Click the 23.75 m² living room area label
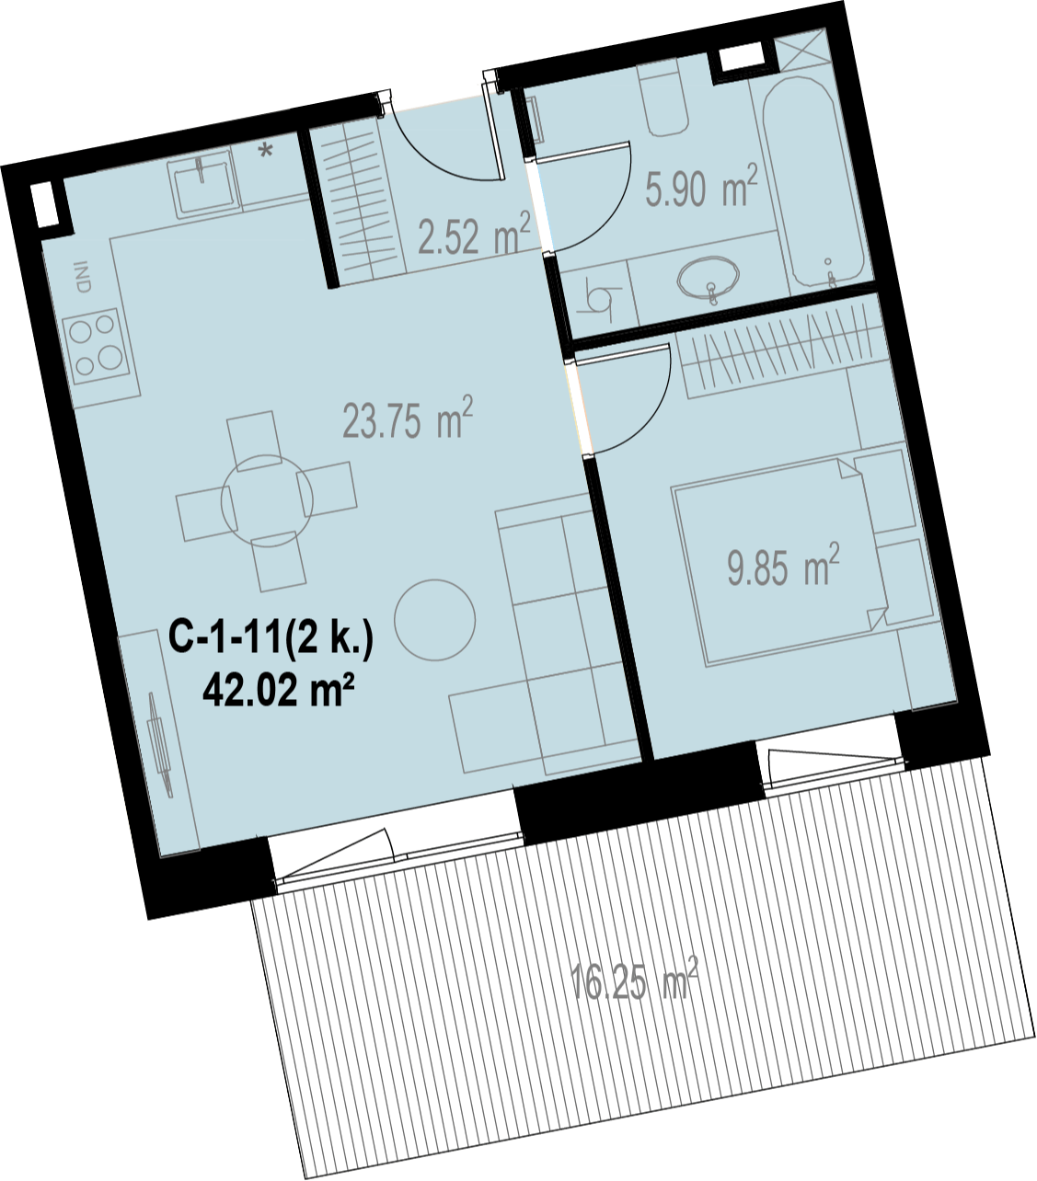408,418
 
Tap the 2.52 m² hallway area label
475,234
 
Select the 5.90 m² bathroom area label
702,187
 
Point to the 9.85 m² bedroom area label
783,564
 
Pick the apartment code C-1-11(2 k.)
271,641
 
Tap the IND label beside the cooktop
83,278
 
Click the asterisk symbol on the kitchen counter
266,152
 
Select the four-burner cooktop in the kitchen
98,346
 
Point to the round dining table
267,500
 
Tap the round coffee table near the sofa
434,620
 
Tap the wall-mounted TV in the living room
161,742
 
